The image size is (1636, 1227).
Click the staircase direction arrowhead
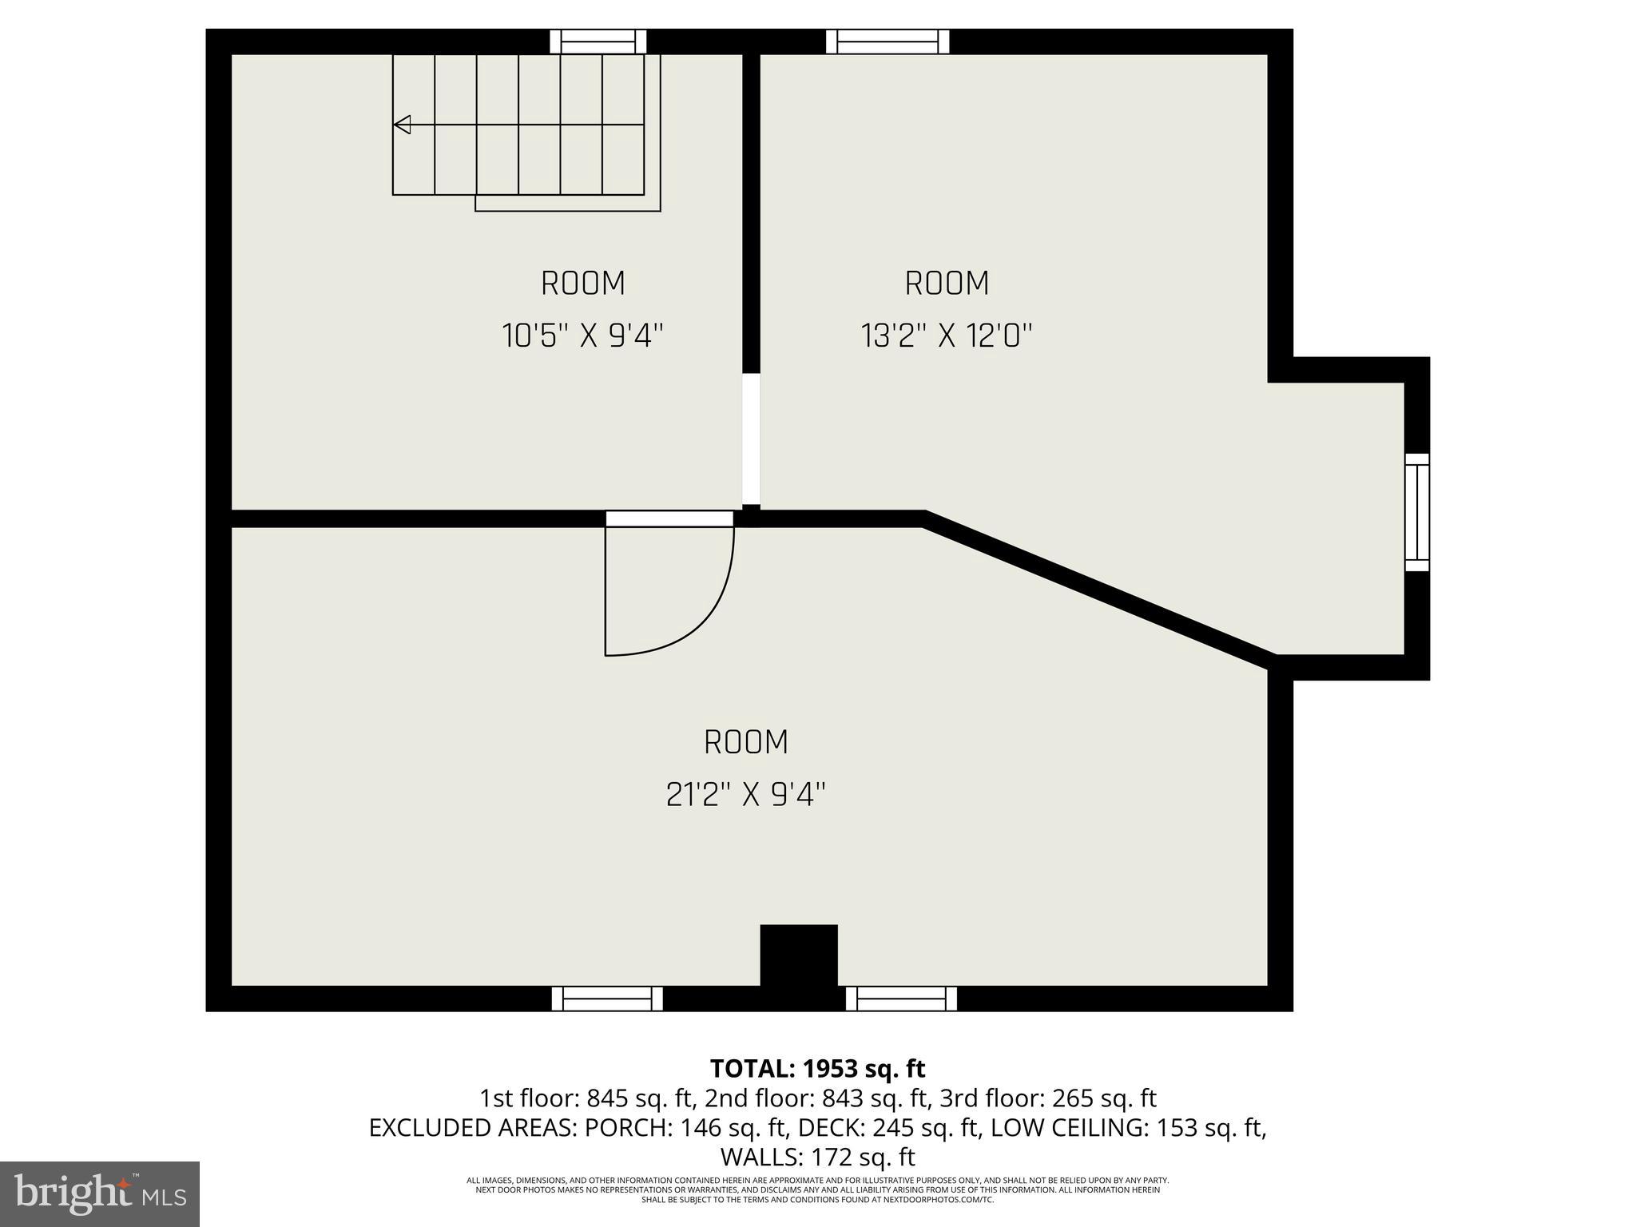point(403,125)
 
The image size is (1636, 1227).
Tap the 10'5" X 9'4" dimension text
point(582,336)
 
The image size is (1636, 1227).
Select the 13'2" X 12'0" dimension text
point(947,336)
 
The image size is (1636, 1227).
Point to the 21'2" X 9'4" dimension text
point(745,795)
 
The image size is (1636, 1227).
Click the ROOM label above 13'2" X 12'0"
point(947,284)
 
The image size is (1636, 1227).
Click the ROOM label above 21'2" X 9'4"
point(745,743)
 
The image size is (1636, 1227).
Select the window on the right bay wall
point(1417,512)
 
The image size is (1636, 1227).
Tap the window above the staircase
point(598,42)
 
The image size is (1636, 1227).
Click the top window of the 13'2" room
point(887,42)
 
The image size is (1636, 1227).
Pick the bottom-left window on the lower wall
point(607,999)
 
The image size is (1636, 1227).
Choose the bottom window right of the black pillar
point(901,999)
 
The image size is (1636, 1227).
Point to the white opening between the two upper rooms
point(751,439)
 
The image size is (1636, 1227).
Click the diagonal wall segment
point(1098,591)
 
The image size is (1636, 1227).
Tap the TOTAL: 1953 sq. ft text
point(817,1068)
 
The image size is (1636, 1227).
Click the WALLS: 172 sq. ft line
point(817,1157)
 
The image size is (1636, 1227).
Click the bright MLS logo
point(100,1193)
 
